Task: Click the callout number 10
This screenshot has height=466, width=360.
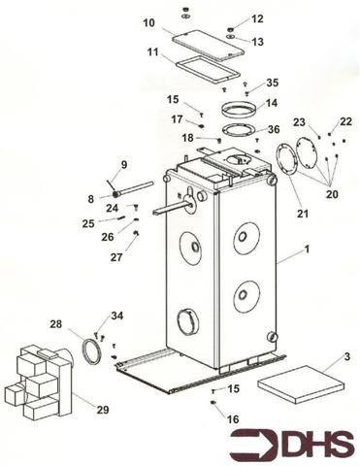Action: point(148,22)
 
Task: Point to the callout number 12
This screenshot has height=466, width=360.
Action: point(257,19)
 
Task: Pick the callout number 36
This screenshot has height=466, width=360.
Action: point(274,129)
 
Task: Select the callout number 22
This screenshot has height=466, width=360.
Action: point(345,121)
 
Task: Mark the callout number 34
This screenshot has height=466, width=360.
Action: point(117,316)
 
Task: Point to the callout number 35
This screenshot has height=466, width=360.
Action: point(273,83)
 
